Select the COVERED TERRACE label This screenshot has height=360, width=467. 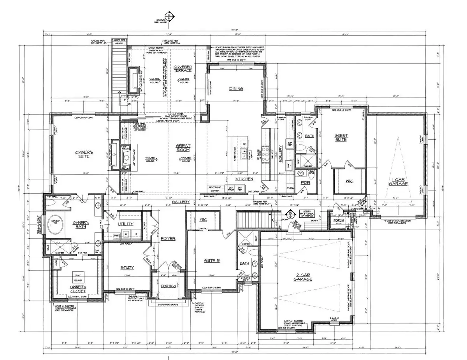(183, 68)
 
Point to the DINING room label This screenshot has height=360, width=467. (236, 89)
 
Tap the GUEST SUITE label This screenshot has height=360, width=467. (341, 138)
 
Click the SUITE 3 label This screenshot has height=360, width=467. (211, 261)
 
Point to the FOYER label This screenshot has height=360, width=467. (168, 238)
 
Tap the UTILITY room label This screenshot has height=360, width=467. (126, 224)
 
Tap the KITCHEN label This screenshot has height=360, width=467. (245, 179)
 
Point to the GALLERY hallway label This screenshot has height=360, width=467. (181, 202)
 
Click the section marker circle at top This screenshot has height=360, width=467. (169, 16)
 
